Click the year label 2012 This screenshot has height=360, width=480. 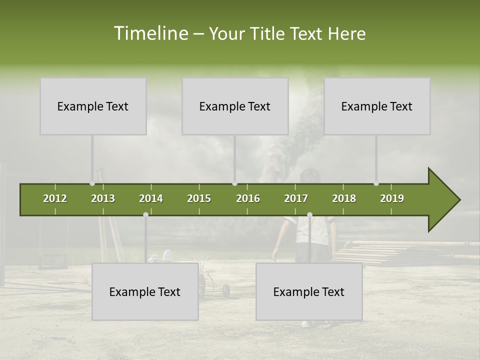[x=55, y=198]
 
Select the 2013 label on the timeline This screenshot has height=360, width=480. [x=103, y=198]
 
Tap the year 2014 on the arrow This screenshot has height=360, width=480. [x=151, y=198]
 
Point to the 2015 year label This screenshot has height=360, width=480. [x=199, y=198]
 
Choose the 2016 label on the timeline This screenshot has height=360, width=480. [x=248, y=198]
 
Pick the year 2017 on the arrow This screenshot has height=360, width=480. [x=296, y=198]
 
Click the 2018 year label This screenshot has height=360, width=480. [x=344, y=198]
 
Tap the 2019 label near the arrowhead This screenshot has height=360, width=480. [x=392, y=198]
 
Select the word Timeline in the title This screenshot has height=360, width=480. [x=150, y=33]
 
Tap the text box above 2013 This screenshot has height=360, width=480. [x=93, y=106]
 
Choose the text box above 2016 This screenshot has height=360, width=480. [x=235, y=106]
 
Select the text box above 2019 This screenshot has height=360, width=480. [x=377, y=106]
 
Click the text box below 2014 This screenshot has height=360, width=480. [x=145, y=291]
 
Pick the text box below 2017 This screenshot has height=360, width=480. [x=309, y=291]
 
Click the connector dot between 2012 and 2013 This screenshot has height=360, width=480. [x=92, y=183]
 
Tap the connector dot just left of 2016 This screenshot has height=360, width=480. [x=235, y=183]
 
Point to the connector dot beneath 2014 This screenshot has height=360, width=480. [x=145, y=214]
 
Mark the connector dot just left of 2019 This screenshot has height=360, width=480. [x=376, y=183]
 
